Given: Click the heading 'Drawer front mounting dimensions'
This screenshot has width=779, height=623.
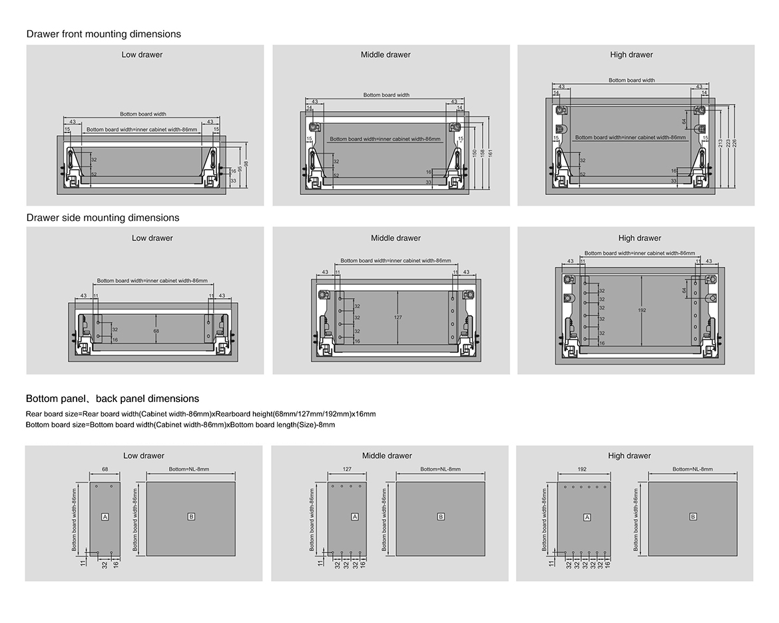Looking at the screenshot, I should (x=103, y=34).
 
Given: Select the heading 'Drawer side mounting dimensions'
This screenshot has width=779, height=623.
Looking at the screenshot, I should (x=103, y=218).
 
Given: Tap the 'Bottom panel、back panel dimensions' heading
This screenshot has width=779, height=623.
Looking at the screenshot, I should (x=113, y=399).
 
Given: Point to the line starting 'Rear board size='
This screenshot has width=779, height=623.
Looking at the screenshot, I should (x=200, y=414).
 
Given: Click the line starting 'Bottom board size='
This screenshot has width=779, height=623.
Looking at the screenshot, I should (x=180, y=425).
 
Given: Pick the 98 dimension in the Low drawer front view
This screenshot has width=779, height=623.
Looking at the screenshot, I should (x=246, y=164).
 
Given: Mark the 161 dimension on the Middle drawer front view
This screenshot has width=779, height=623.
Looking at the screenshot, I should (x=489, y=153).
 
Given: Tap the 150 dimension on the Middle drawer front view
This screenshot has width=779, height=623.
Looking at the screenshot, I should (x=474, y=153).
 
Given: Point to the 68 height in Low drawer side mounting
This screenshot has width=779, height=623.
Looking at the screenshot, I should (x=156, y=330).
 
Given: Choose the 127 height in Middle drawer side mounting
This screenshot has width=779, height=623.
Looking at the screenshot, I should (x=397, y=317).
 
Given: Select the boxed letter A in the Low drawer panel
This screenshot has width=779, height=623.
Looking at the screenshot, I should (x=105, y=517).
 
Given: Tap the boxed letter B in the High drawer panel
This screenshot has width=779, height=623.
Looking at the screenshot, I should (x=693, y=517).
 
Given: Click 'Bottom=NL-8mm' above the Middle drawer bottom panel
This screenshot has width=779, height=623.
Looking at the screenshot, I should (x=440, y=469).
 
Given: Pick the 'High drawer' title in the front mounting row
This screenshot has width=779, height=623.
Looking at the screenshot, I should (x=631, y=55).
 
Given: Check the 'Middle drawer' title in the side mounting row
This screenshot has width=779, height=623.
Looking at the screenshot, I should (x=395, y=238).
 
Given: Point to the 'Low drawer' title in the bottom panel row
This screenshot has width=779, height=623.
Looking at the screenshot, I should (x=143, y=456).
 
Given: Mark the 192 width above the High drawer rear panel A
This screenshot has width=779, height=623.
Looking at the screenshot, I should (x=582, y=469).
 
